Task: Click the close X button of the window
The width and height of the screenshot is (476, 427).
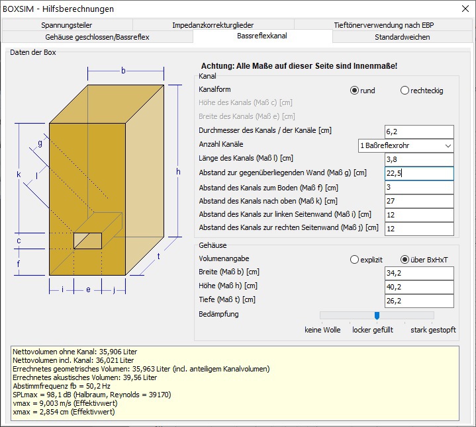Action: point(465,9)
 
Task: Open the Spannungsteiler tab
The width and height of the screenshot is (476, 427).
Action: point(67,25)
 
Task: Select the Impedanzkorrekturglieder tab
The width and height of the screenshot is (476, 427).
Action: point(213,25)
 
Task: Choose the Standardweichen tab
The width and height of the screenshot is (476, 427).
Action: point(403,37)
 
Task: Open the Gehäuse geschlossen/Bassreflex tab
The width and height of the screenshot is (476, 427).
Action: point(97,37)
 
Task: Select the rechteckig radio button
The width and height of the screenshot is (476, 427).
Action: point(405,91)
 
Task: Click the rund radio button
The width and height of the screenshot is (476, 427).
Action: point(354,91)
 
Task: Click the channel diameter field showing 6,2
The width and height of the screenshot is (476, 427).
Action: point(419,132)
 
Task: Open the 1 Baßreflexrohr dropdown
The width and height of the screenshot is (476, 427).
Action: point(406,146)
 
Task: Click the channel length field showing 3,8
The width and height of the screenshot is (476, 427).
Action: point(419,159)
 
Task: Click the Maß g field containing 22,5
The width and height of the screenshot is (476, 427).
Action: point(419,173)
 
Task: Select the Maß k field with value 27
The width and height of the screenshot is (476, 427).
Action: point(419,201)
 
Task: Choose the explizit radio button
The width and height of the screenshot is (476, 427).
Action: point(354,260)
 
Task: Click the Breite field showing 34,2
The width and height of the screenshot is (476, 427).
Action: point(419,273)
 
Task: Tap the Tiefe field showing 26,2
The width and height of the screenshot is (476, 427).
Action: point(419,301)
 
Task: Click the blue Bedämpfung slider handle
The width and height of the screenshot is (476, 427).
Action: point(377,316)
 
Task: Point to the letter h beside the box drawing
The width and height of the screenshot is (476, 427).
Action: point(178,172)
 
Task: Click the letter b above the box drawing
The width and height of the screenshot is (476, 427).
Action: point(123,71)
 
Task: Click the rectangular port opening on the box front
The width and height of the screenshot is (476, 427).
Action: point(88,241)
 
